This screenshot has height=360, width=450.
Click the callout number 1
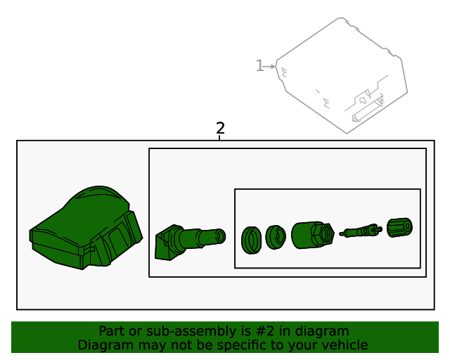[x=259, y=65]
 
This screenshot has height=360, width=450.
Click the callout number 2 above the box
[x=220, y=128]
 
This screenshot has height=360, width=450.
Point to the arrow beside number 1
[x=269, y=67]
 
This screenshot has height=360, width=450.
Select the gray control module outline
[x=342, y=75]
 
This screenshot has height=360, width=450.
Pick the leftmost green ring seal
[x=252, y=240]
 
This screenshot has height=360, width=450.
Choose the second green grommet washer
[x=276, y=237]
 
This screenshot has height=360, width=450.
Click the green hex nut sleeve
[x=312, y=235]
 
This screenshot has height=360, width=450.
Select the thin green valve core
[x=361, y=231]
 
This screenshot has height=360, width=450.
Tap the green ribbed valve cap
[x=400, y=227]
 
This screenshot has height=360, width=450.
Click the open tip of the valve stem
[x=221, y=236]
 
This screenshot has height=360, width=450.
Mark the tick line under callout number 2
[x=219, y=138]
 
